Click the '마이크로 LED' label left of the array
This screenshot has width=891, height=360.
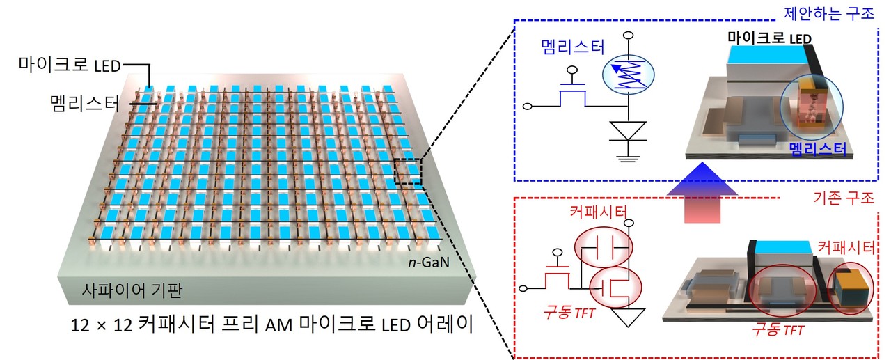click(70, 66)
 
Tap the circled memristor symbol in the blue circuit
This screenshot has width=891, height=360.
click(627, 73)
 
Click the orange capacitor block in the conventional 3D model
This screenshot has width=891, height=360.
click(850, 286)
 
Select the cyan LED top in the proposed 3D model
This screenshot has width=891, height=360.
click(766, 52)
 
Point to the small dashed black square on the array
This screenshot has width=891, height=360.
click(407, 171)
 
